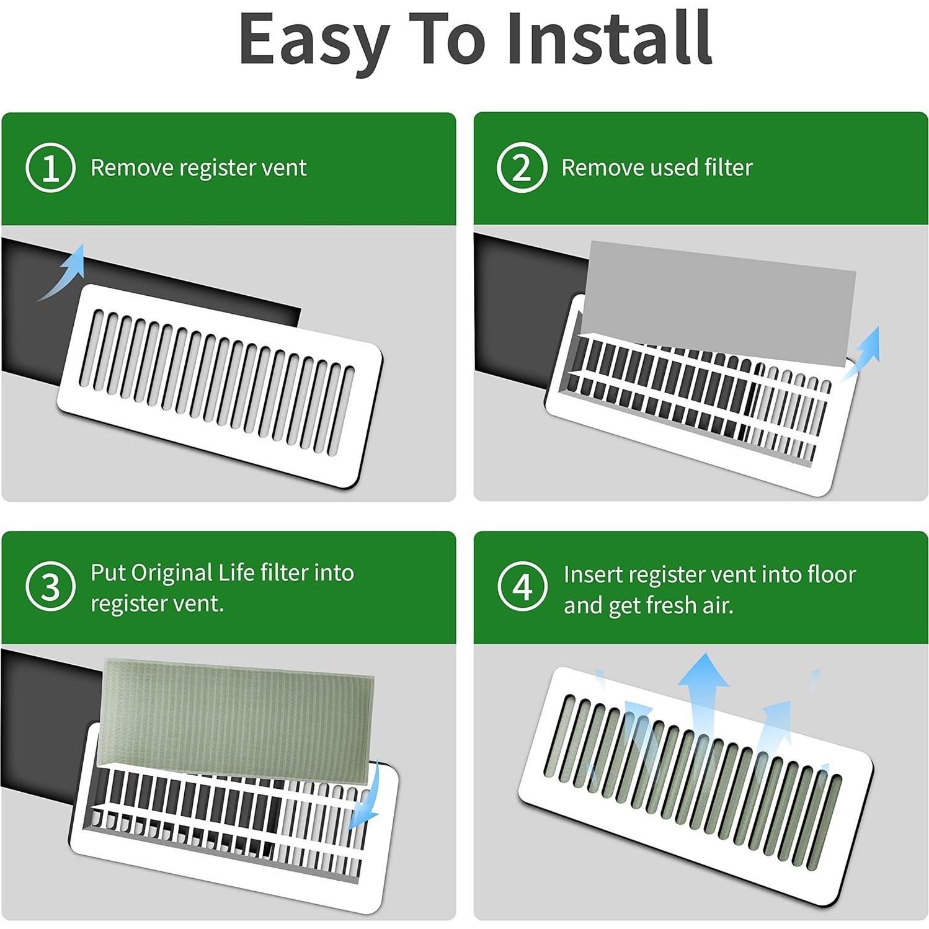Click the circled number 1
point(50,167)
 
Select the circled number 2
point(522,167)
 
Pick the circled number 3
point(50,587)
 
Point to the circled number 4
point(522,587)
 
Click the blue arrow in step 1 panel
point(64,273)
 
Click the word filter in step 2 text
point(728,167)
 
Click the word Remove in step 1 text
point(131,167)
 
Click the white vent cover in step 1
point(220,384)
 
